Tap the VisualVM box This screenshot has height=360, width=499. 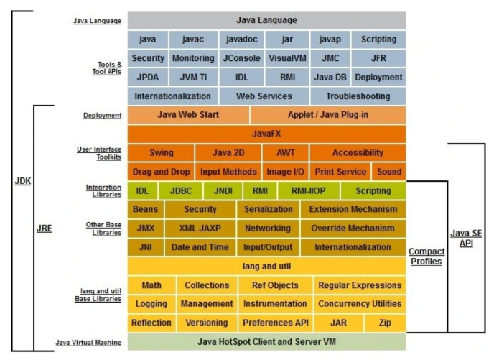[287, 58]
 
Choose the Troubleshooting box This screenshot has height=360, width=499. [358, 96]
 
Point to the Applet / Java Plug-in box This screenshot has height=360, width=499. [327, 114]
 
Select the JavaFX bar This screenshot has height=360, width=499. [266, 133]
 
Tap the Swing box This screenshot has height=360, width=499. [162, 152]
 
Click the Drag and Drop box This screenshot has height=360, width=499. [161, 172]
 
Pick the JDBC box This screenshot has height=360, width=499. [181, 190]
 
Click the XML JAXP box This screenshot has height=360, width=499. [200, 228]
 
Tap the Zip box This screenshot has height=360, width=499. [386, 323]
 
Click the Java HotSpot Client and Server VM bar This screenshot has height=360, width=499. [266, 341]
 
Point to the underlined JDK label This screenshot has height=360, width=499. [24, 180]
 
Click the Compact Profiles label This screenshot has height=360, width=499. [425, 257]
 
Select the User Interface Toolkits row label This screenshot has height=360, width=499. [99, 152]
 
